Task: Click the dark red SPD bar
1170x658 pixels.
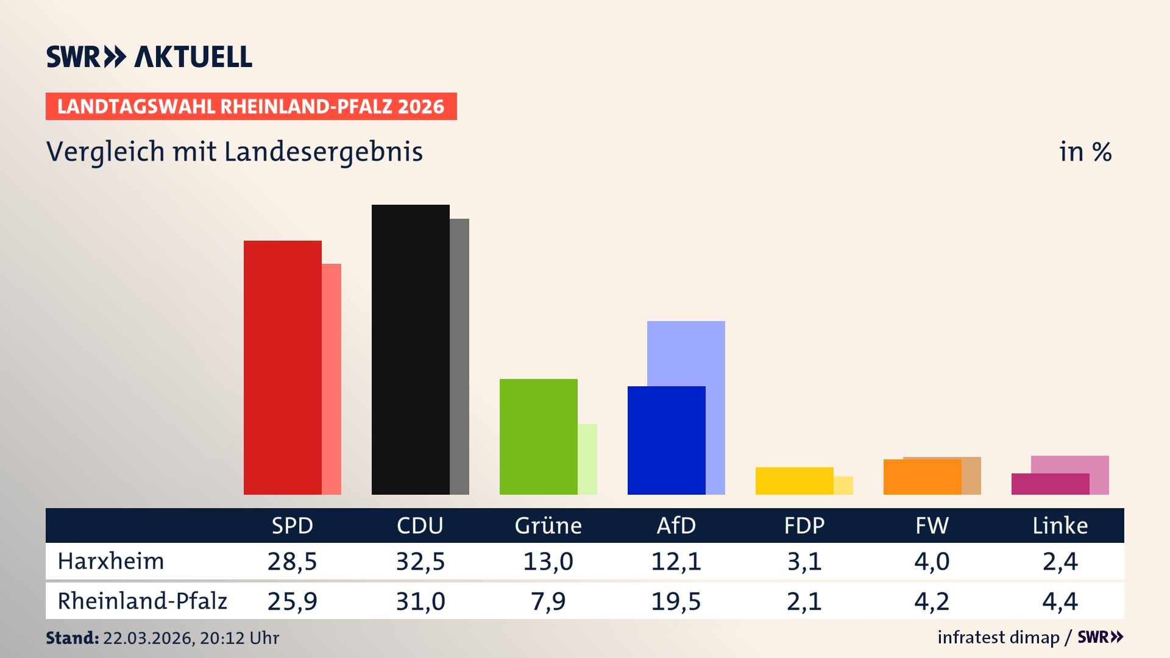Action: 282,367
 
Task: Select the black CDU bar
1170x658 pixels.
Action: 410,349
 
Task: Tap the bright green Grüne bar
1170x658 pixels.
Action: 538,436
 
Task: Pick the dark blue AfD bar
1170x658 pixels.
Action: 666,440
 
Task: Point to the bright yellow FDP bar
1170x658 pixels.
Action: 794,481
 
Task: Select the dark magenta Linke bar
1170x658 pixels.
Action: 1050,484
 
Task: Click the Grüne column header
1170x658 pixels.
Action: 548,525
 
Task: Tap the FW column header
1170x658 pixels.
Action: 932,525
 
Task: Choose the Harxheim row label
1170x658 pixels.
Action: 111,561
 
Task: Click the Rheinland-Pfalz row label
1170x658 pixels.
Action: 142,601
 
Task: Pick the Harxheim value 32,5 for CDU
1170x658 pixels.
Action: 420,561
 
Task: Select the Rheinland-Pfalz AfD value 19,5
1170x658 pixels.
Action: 676,601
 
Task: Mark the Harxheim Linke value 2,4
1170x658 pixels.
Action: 1060,561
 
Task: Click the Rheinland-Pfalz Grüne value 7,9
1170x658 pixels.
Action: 548,601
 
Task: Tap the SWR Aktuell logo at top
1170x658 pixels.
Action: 149,57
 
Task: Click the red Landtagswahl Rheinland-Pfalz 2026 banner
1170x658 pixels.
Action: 250,106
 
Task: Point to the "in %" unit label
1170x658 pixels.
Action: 1085,152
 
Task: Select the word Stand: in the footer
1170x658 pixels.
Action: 72,638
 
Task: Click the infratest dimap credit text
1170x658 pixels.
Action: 998,637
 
